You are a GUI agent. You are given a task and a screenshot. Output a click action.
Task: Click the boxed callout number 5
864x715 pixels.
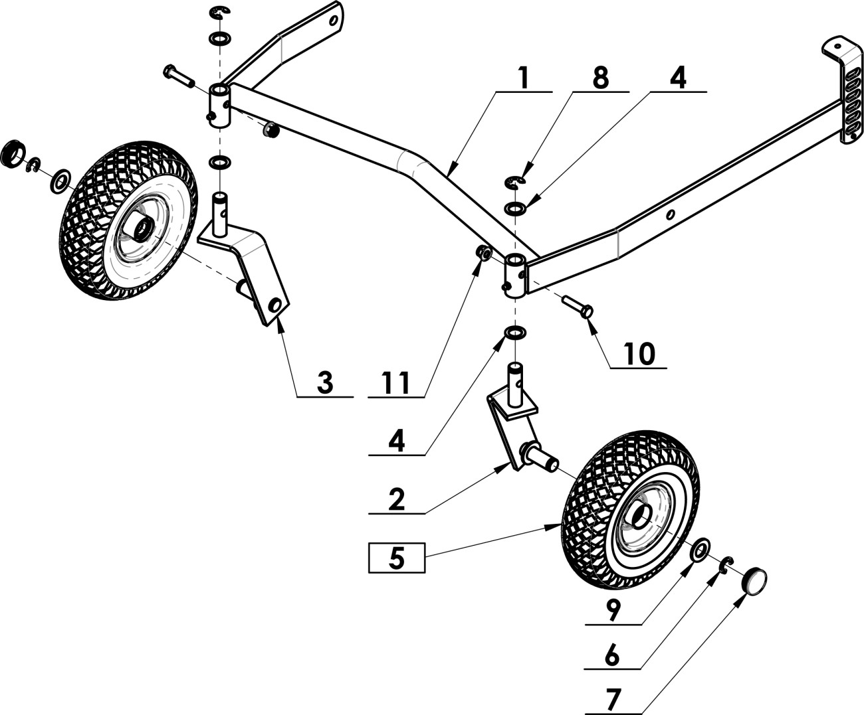point(396,558)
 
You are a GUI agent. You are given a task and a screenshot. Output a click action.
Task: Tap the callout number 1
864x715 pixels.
point(524,78)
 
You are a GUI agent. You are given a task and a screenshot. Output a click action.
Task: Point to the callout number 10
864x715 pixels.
point(640,354)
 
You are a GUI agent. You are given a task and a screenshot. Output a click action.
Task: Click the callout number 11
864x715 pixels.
point(396,383)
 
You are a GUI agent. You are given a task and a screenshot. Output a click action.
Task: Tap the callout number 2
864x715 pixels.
point(396,500)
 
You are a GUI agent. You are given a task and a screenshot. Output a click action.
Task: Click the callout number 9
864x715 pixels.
point(613,610)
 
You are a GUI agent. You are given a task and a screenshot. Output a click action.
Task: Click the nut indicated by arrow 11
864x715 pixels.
point(483,252)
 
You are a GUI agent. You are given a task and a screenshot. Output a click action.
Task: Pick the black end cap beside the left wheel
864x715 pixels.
point(13,154)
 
